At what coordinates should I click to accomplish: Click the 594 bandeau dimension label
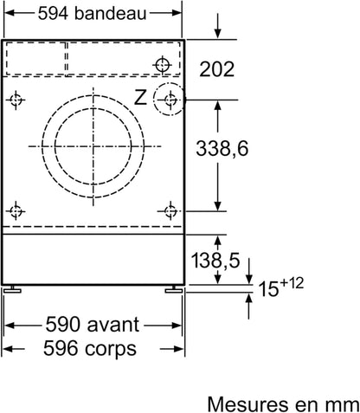[x=92, y=13]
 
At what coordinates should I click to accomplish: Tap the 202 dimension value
[x=216, y=69]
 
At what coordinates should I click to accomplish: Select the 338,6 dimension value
[x=222, y=149]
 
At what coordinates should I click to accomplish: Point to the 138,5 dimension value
[x=215, y=260]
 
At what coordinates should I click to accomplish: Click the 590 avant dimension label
[x=93, y=325]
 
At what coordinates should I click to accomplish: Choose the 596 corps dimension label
[x=90, y=348]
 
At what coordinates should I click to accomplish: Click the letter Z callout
[x=140, y=97]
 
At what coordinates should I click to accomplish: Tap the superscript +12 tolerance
[x=291, y=283]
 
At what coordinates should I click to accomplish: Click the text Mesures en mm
[x=283, y=404]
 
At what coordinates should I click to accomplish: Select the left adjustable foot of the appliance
[x=12, y=289]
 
